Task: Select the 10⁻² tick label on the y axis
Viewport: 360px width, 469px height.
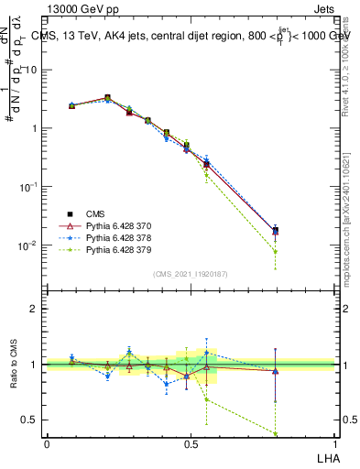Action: coord(30,245)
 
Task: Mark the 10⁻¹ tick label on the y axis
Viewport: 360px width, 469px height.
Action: coord(30,186)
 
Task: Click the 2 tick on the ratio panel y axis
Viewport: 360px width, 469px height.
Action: coord(37,309)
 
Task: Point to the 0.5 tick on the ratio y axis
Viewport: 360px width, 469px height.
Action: coord(32,420)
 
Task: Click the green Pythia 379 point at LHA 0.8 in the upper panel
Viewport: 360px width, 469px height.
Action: coord(276,251)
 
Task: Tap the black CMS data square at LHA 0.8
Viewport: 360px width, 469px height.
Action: coord(276,230)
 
